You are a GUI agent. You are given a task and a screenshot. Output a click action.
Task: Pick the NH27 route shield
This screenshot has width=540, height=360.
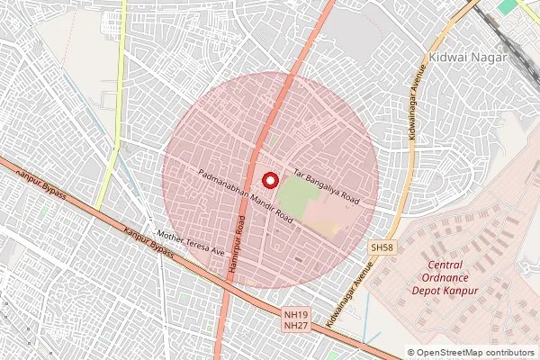[x=295, y=325]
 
